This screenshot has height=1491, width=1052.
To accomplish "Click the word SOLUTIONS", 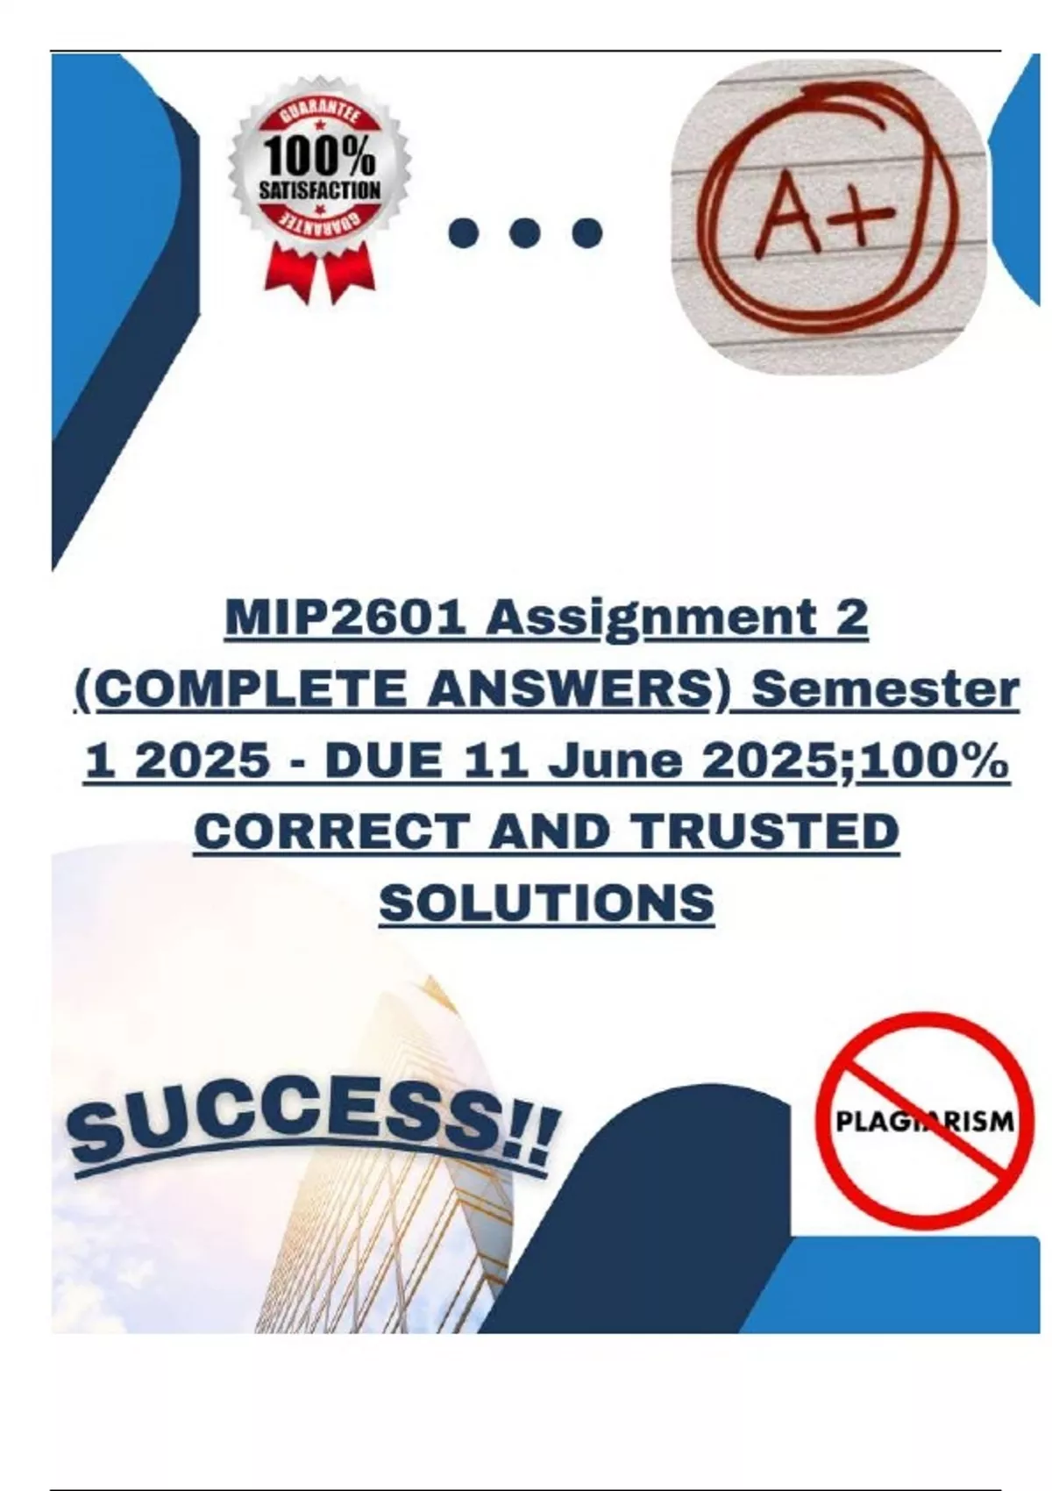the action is point(546,903).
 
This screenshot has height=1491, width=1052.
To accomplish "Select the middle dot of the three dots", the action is point(526,233).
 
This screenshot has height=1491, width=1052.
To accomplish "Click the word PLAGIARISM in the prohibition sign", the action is point(924,1122).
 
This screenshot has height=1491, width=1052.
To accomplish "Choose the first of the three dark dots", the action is point(464,233).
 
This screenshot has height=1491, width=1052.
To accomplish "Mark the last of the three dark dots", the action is point(586,233).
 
